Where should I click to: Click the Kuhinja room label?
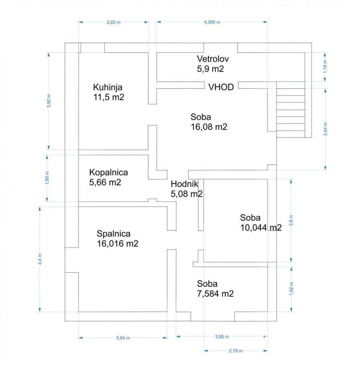coord(108,88)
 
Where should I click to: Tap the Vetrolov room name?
coord(213,59)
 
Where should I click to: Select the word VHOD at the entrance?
coord(221,87)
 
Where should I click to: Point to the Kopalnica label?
coord(109,172)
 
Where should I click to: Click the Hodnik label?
coord(184,184)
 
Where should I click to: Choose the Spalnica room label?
coord(113,234)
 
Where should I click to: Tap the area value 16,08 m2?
coord(209,127)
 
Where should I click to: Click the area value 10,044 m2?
coord(261,228)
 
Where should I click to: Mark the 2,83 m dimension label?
coord(113,22)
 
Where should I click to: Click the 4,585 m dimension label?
coord(212,22)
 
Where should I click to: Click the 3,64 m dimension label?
coord(123,338)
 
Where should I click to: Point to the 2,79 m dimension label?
coord(236,351)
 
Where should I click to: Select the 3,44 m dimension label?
coord(325,129)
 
